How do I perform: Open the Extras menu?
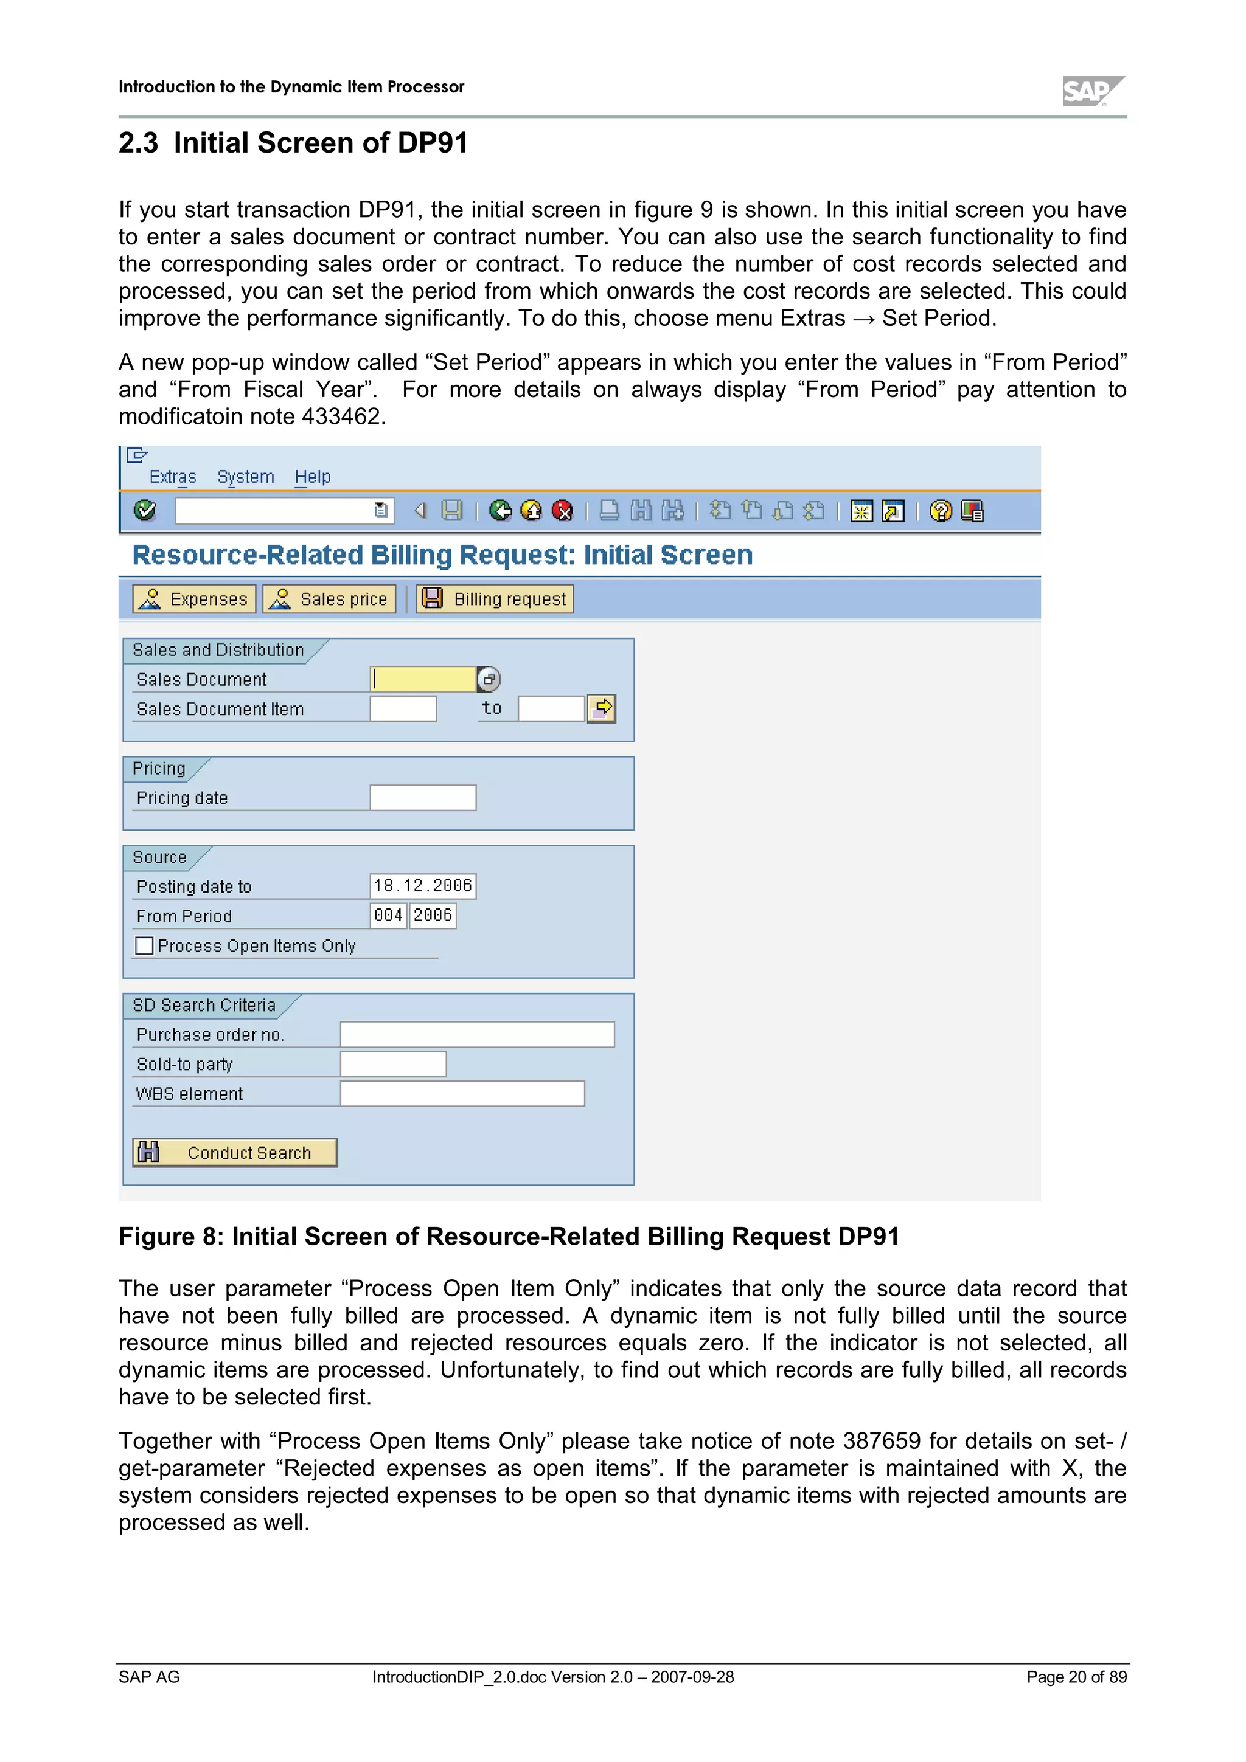click(173, 477)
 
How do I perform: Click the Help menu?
click(313, 477)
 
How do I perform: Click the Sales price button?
click(329, 599)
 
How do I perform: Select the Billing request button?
click(495, 599)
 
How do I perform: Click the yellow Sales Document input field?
click(423, 679)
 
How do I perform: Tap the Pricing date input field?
click(423, 798)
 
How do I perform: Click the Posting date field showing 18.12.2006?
click(423, 886)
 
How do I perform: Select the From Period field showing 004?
click(389, 916)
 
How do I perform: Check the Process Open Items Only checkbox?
click(144, 945)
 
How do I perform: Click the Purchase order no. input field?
click(477, 1034)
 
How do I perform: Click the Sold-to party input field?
click(393, 1065)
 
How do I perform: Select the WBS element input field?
click(462, 1094)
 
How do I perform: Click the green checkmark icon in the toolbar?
click(144, 510)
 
